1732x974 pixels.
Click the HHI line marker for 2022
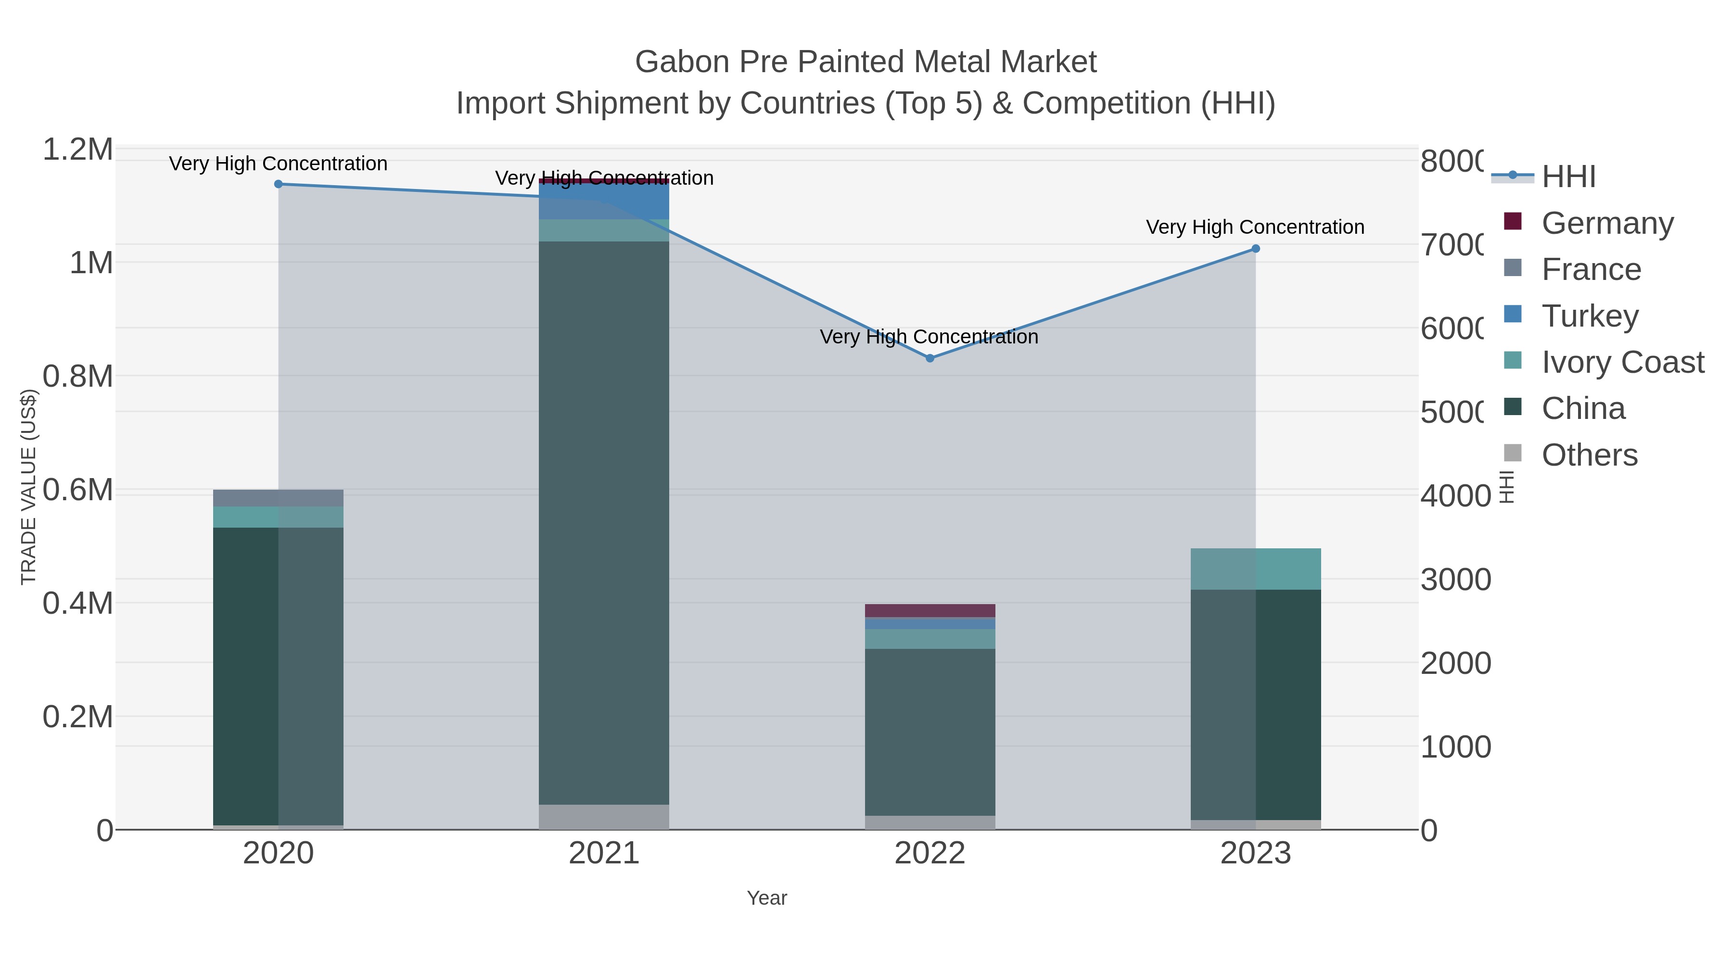click(x=930, y=358)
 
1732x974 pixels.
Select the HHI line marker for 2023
click(x=1255, y=249)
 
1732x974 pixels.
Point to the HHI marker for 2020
click(x=279, y=184)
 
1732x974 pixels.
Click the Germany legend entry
click(x=1607, y=223)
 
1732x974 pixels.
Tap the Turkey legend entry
click(x=1590, y=316)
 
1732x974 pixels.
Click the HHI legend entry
click(x=1568, y=177)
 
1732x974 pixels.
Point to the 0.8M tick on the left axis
click(x=78, y=377)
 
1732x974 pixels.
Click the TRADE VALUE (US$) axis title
click(x=29, y=487)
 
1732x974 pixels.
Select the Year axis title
click(x=766, y=898)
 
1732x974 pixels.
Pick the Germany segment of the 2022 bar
click(x=930, y=610)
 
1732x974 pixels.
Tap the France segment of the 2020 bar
click(x=279, y=498)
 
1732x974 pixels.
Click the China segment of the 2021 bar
click(x=604, y=522)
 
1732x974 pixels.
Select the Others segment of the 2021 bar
click(x=604, y=817)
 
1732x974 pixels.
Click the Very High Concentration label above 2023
click(x=1255, y=227)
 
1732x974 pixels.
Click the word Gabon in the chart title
click(x=682, y=62)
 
